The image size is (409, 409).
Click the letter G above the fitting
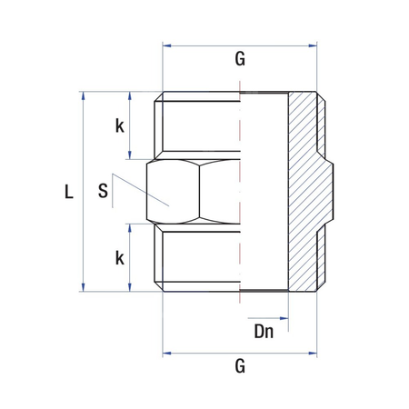point(240,59)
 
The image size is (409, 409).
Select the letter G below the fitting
point(240,366)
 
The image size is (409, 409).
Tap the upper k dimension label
point(119,125)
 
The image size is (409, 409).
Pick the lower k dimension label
point(119,257)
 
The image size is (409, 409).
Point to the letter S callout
point(103,192)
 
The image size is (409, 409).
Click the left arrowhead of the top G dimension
point(166,43)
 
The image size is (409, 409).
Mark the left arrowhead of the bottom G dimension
point(166,351)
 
